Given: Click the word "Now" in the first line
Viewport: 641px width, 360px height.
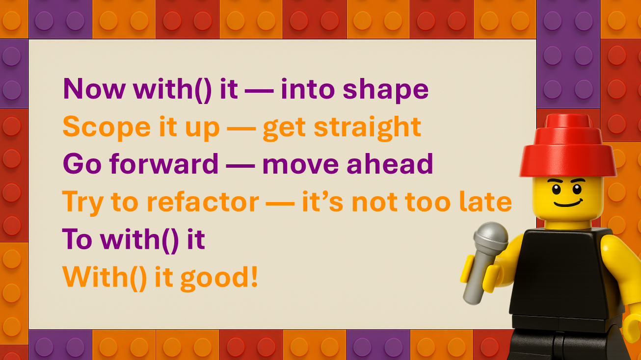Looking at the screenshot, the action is pyautogui.click(x=94, y=89).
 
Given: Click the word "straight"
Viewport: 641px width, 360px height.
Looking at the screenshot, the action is pyautogui.click(x=368, y=129).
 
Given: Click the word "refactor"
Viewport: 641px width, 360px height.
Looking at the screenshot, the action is pyautogui.click(x=203, y=202).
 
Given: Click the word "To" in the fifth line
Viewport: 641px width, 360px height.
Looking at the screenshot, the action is pyautogui.click(x=77, y=239).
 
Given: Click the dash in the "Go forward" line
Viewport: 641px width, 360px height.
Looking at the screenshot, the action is pyautogui.click(x=240, y=166).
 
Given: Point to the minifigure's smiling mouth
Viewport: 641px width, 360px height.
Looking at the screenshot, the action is pyautogui.click(x=568, y=204).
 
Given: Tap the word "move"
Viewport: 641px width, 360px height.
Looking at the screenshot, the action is pyautogui.click(x=300, y=165).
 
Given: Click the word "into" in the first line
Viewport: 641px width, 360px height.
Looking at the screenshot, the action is pyautogui.click(x=308, y=89).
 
